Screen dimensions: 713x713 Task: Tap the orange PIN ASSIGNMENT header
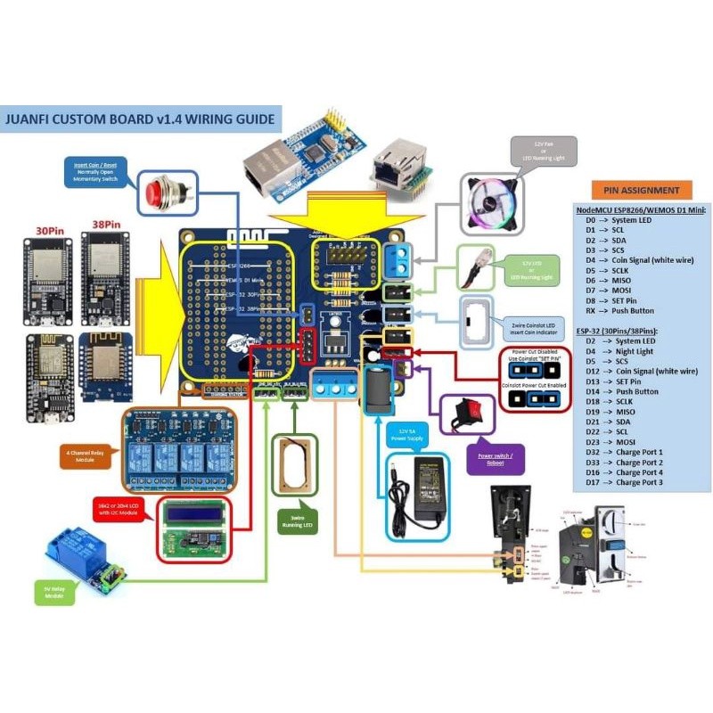[641, 190]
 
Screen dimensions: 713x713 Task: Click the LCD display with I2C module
[194, 529]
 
